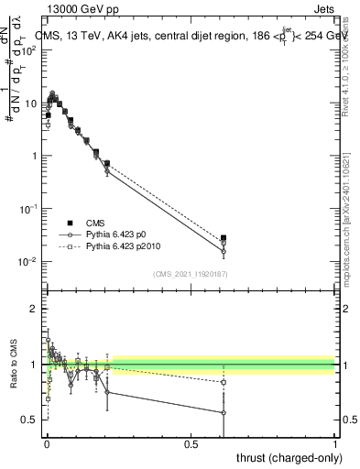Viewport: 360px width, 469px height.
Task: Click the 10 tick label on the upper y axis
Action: point(31,103)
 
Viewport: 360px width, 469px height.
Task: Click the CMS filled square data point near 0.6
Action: point(224,238)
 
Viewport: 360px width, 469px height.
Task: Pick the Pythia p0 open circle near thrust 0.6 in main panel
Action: point(224,252)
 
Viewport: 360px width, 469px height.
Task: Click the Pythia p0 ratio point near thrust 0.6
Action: point(224,413)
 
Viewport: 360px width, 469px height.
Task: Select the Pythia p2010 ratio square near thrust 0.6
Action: point(224,382)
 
